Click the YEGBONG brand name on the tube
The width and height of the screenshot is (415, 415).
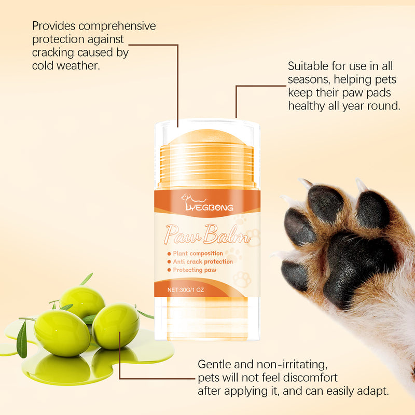click(x=209, y=208)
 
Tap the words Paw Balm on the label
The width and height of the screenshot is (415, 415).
click(x=207, y=234)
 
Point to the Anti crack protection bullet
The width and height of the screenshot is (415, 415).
click(x=203, y=261)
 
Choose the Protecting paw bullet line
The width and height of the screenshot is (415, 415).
click(x=195, y=270)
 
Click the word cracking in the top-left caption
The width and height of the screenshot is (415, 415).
click(x=54, y=52)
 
